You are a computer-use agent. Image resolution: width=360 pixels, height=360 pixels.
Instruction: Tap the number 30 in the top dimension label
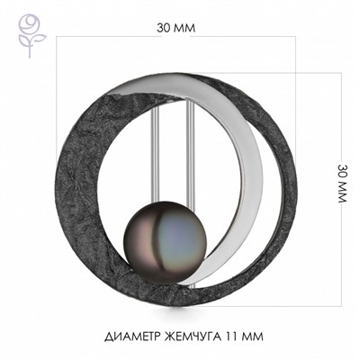163,27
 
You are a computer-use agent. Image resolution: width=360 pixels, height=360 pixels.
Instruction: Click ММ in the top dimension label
186,27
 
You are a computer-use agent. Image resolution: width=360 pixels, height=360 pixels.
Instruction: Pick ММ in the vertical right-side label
343,193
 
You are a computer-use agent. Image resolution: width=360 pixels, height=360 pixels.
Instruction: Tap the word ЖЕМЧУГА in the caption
200,337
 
